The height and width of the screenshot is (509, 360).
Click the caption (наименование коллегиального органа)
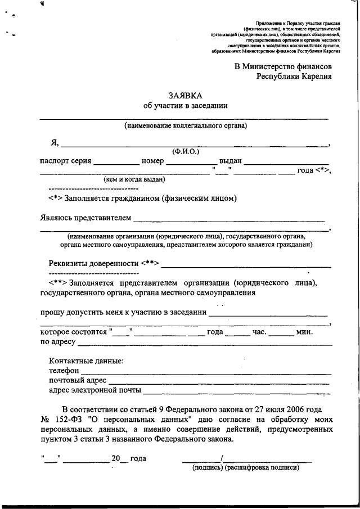pyautogui.click(x=186, y=125)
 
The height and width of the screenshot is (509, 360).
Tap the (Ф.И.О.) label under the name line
pyautogui.click(x=186, y=151)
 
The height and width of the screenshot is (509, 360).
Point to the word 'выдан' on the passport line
pyautogui.click(x=231, y=161)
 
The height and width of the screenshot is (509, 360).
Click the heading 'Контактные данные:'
pyautogui.click(x=86, y=361)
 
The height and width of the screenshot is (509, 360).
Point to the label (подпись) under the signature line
pyautogui.click(x=208, y=467)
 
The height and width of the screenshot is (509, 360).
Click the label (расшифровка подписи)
pyautogui.click(x=262, y=467)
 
